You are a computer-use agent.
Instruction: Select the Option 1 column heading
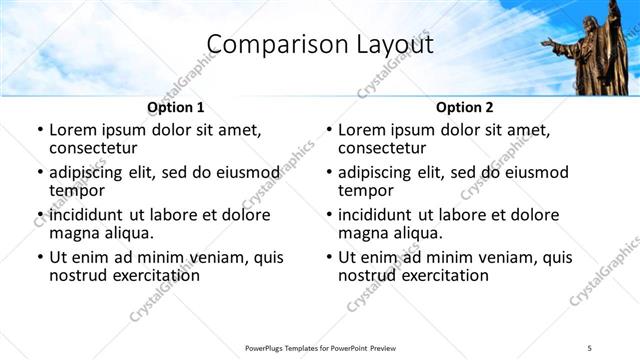click(176, 107)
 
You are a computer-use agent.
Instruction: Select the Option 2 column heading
click(465, 107)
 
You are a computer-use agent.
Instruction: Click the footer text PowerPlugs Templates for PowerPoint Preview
click(320, 348)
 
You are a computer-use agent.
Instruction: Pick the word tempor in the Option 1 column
click(75, 191)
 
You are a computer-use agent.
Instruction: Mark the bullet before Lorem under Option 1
click(39, 130)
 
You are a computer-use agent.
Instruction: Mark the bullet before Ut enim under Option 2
click(328, 257)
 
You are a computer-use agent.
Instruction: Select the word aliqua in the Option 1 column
click(129, 233)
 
